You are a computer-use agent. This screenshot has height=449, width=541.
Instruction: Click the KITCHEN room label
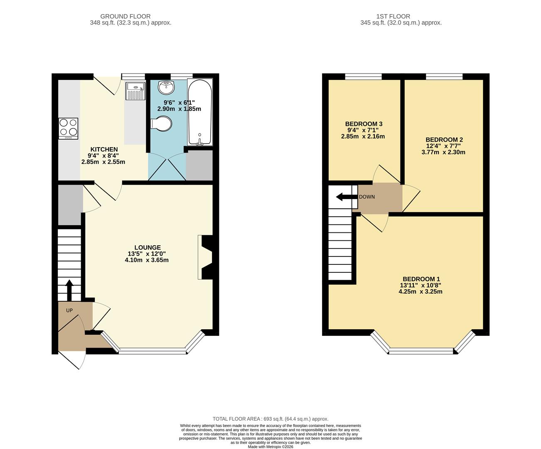click(104, 149)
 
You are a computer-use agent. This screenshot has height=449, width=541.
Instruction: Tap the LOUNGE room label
click(147, 247)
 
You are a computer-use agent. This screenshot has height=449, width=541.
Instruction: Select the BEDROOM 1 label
click(421, 279)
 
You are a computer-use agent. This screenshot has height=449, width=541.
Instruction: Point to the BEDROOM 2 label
click(444, 140)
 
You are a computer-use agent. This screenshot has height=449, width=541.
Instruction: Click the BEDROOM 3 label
click(364, 124)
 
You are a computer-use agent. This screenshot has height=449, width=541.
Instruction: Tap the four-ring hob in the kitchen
click(68, 128)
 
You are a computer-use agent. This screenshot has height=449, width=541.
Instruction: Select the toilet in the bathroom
click(161, 124)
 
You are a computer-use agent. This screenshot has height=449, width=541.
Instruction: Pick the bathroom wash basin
click(167, 87)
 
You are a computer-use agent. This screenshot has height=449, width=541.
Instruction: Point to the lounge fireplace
click(206, 257)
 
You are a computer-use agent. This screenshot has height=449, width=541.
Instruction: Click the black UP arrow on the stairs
click(69, 290)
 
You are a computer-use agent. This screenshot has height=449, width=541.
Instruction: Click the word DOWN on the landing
click(366, 197)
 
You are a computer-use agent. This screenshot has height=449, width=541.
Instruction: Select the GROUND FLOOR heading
click(131, 17)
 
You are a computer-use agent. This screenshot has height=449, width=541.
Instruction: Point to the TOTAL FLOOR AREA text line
click(270, 419)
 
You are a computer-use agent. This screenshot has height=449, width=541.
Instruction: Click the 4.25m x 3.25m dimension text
click(420, 291)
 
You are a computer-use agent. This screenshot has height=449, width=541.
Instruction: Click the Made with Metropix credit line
click(270, 447)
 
